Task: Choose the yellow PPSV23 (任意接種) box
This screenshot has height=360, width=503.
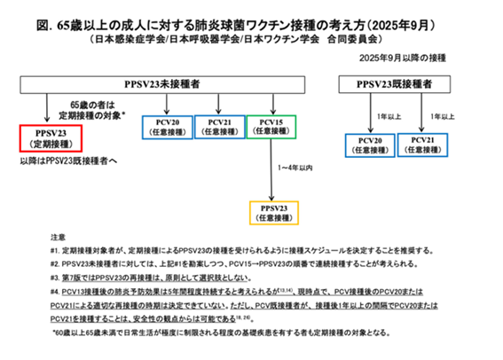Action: (x=273, y=214)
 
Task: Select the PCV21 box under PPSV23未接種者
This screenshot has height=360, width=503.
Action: (x=220, y=126)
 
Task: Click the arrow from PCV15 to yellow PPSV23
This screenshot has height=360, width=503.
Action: (x=271, y=168)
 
